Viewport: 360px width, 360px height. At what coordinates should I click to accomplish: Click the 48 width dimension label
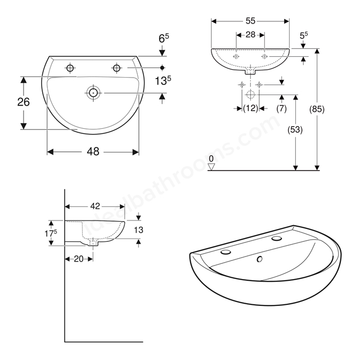93,152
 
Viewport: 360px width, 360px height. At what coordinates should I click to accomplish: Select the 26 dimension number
24,102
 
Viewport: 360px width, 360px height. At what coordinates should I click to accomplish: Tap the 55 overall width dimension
250,21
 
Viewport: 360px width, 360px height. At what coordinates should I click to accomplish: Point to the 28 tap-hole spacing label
250,35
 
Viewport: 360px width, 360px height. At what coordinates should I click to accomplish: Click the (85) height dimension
317,109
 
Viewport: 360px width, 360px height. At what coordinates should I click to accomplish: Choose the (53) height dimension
295,130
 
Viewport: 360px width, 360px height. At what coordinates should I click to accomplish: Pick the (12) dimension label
250,108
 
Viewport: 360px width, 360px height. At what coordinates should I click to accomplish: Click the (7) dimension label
281,109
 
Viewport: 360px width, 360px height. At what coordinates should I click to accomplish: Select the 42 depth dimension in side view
95,206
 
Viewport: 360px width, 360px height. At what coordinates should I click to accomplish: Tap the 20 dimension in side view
79,259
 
